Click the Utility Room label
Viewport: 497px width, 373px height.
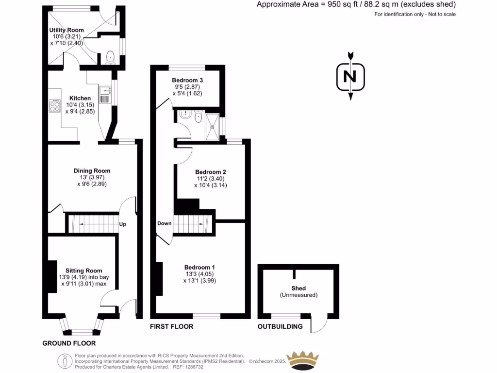66,30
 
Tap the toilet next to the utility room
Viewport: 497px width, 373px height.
110,57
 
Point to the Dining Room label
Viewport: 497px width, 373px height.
92,170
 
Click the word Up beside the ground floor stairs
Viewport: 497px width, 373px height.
123,224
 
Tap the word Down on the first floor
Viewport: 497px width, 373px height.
164,223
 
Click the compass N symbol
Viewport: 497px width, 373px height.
350,76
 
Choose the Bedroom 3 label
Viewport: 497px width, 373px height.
187,80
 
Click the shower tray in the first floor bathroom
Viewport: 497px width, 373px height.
213,126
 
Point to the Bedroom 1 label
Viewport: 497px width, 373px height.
199,267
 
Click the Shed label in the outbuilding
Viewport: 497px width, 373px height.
298,288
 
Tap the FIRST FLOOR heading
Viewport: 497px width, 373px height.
171,326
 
